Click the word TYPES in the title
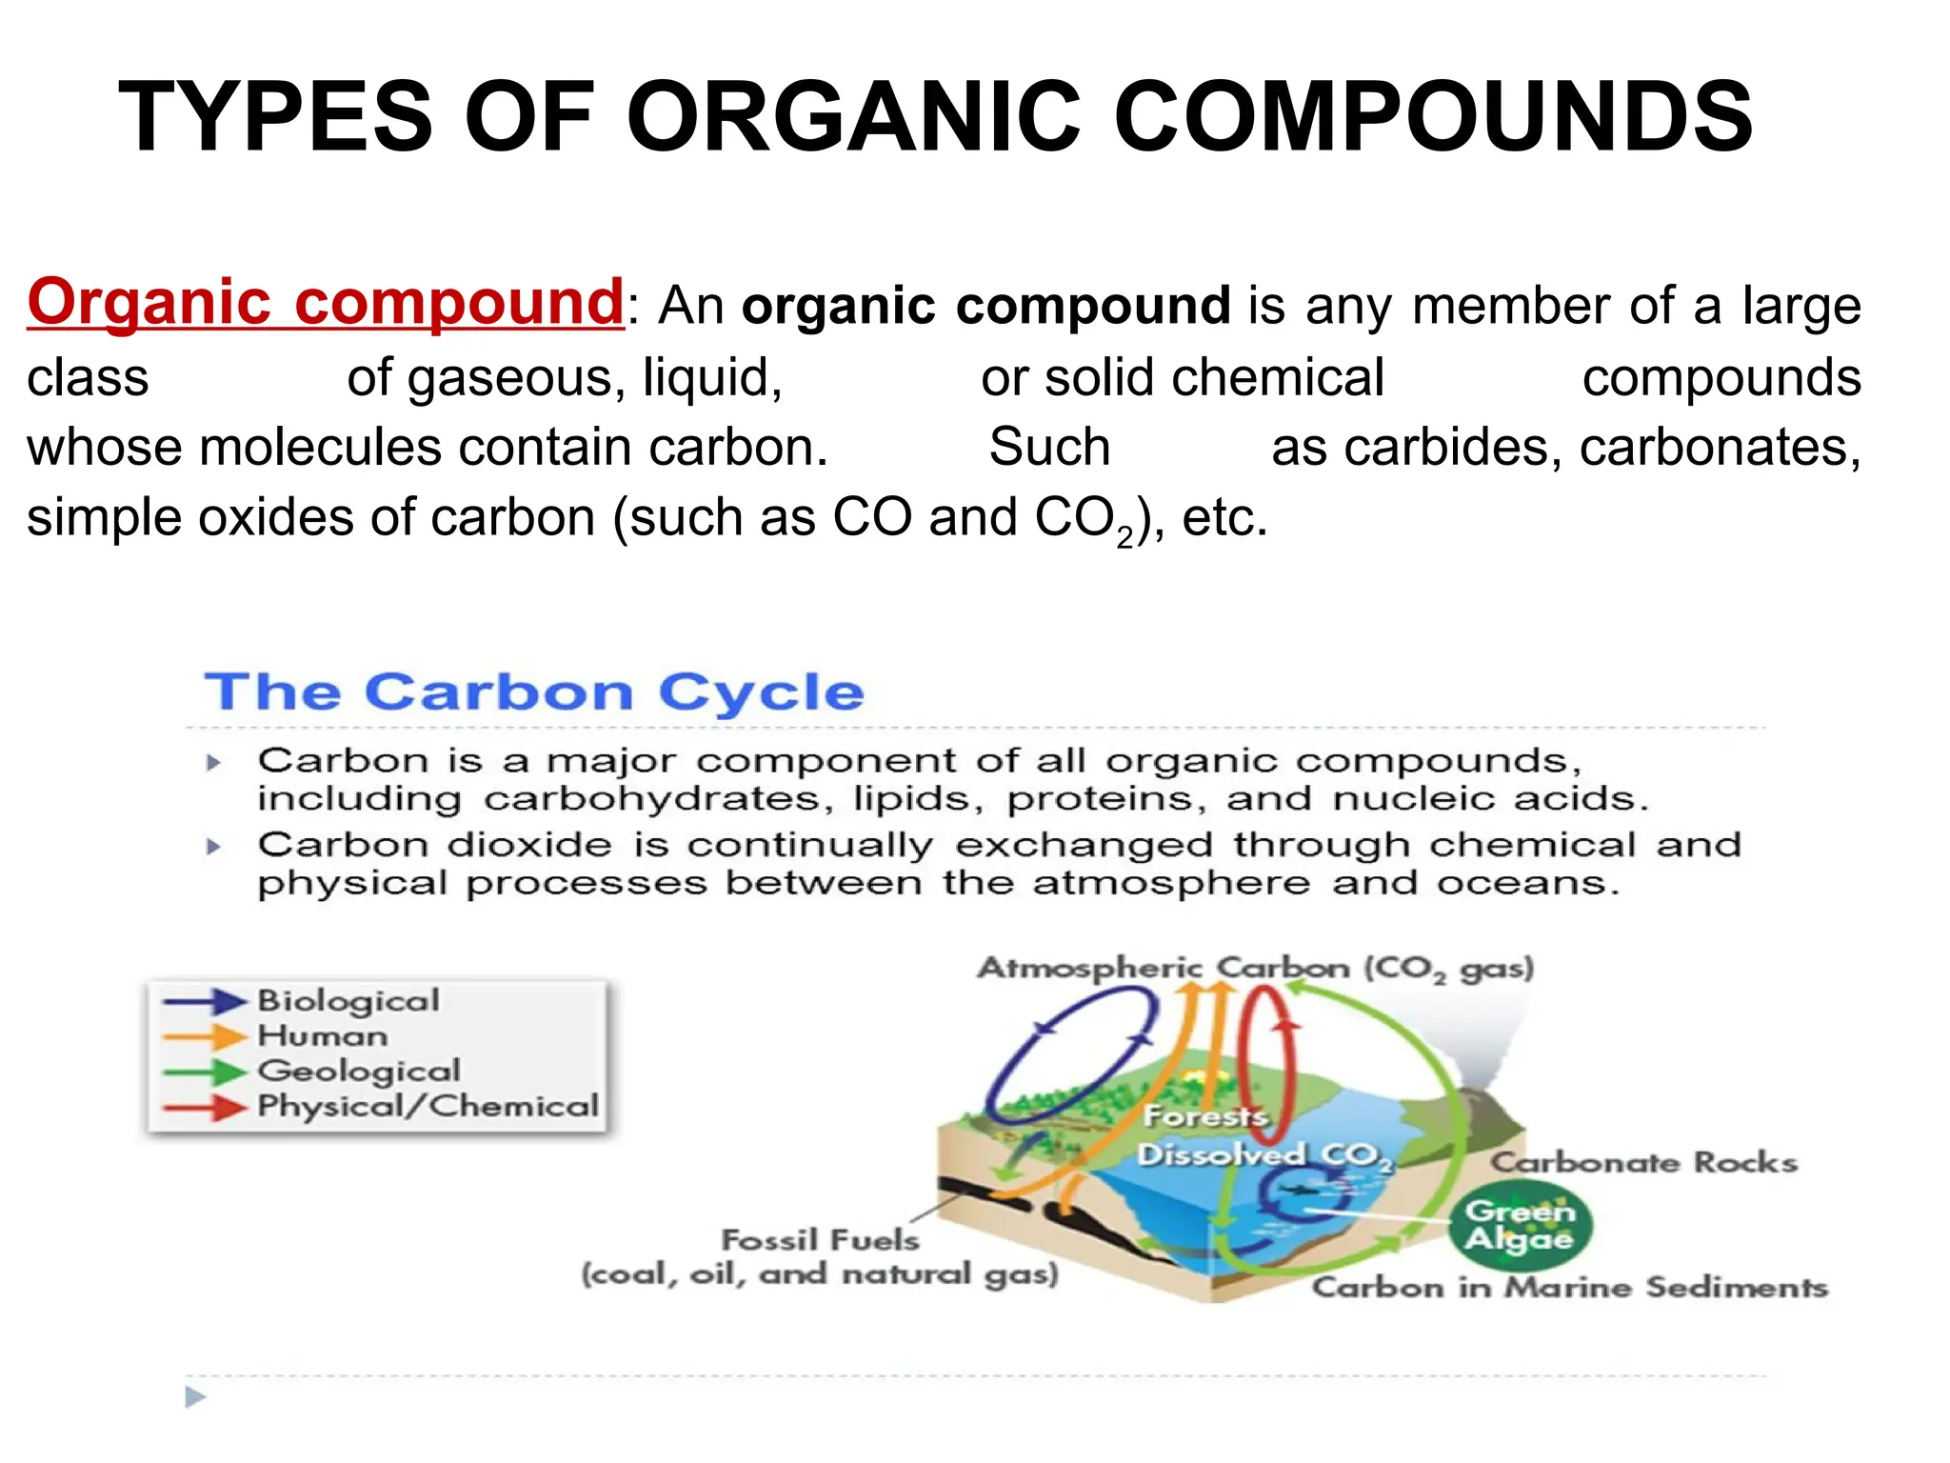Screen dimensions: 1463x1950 pyautogui.click(x=276, y=117)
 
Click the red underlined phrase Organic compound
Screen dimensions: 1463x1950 pyautogui.click(x=326, y=302)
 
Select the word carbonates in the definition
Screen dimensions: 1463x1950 pyautogui.click(x=1720, y=448)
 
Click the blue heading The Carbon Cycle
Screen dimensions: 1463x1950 pyautogui.click(x=534, y=692)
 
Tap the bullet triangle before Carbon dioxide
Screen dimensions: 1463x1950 pyautogui.click(x=214, y=846)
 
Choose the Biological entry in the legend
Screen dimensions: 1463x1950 pyautogui.click(x=348, y=1000)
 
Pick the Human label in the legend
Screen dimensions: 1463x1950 pyautogui.click(x=323, y=1035)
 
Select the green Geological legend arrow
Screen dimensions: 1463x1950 pyautogui.click(x=204, y=1072)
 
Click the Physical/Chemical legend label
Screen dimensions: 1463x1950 pyautogui.click(x=428, y=1106)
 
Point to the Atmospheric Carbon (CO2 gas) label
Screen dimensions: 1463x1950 pyautogui.click(x=1255, y=968)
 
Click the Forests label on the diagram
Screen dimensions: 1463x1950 pyautogui.click(x=1205, y=1115)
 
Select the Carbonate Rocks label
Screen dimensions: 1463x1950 pyautogui.click(x=1643, y=1163)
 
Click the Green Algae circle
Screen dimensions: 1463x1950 pyautogui.click(x=1520, y=1225)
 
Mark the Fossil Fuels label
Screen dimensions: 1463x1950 pyautogui.click(x=820, y=1240)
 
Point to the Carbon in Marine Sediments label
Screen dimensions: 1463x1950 pyautogui.click(x=1569, y=1288)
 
